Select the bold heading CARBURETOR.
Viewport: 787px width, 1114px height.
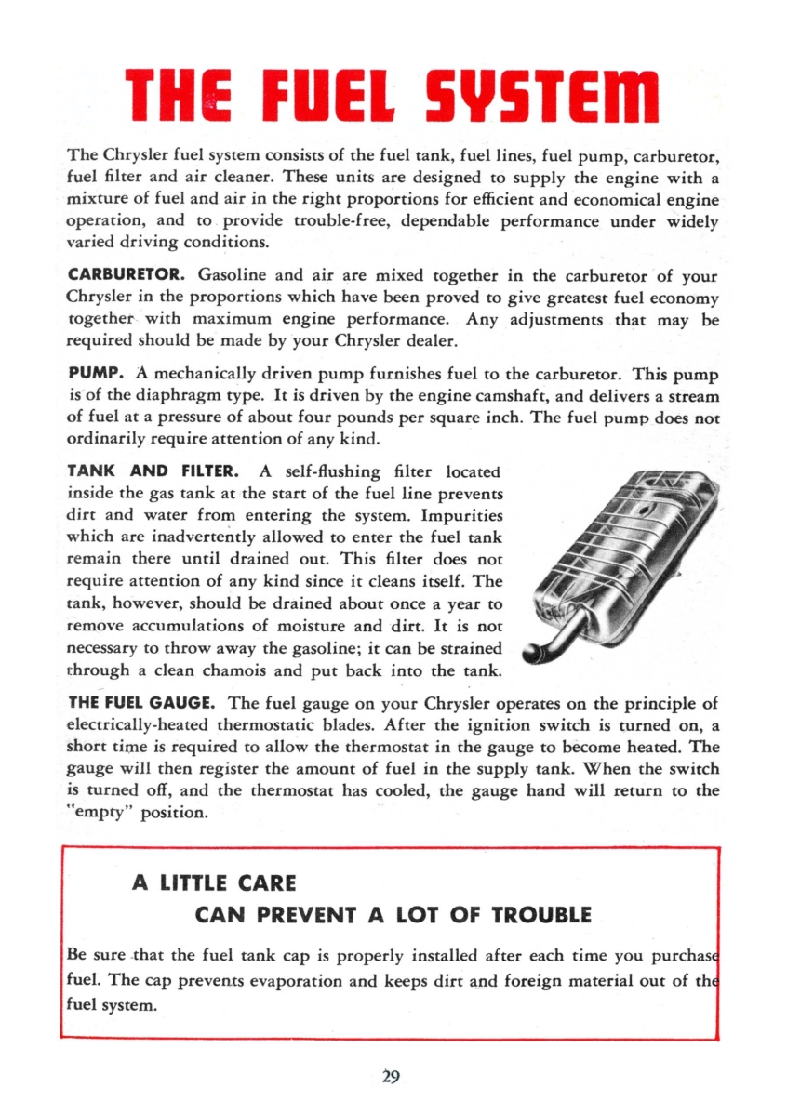(128, 276)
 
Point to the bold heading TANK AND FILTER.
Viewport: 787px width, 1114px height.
(155, 471)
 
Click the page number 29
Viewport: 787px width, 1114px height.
(392, 1077)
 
